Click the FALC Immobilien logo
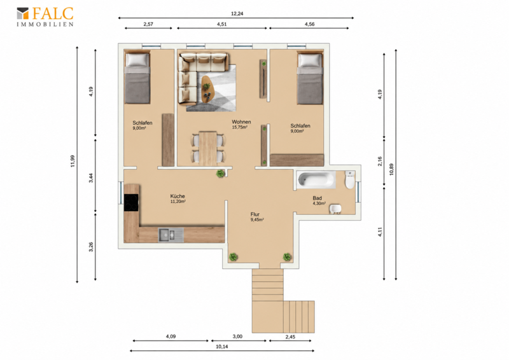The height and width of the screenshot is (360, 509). (45, 17)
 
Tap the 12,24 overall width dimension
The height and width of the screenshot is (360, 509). (237, 13)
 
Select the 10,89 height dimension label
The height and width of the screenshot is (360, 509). (391, 169)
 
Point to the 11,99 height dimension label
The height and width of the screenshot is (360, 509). (73, 161)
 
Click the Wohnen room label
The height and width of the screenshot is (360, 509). (241, 121)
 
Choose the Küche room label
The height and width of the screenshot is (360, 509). (178, 196)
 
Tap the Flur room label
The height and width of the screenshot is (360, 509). (255, 214)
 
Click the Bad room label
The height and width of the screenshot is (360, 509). (317, 198)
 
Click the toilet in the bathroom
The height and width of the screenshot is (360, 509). (349, 180)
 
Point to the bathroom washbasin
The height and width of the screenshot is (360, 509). (335, 209)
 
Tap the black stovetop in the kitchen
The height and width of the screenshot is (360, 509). (131, 202)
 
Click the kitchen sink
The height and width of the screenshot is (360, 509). (171, 235)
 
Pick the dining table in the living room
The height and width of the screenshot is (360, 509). (208, 148)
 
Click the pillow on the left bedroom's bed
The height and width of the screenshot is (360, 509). (137, 60)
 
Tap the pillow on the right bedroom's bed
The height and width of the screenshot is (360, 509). (310, 60)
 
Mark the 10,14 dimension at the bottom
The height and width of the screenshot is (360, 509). (221, 347)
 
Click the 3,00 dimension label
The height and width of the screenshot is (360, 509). (237, 336)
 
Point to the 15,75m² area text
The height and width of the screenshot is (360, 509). (240, 127)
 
